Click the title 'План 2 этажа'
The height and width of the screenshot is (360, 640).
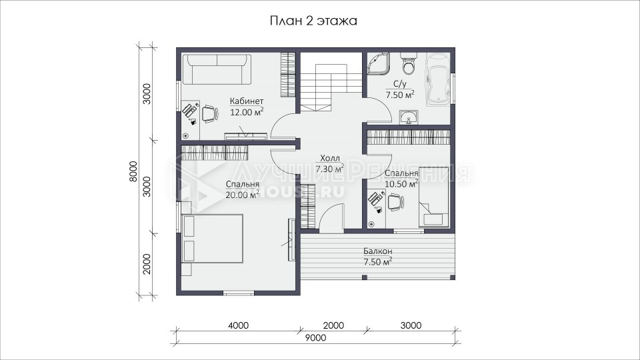coord(313,21)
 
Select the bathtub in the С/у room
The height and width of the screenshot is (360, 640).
coord(438,79)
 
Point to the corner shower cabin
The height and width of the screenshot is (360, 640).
coord(379,63)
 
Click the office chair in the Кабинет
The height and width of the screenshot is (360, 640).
coord(209,113)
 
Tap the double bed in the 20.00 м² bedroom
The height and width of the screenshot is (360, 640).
coord(213,238)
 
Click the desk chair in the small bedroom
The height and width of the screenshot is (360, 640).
coord(395,202)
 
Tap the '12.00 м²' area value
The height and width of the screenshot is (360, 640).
coord(247,112)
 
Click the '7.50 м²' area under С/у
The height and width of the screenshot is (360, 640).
coord(400,95)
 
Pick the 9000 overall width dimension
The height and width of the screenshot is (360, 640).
coord(315,338)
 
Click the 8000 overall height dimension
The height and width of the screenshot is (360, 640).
coord(134,171)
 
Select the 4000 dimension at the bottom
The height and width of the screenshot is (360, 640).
coord(239,325)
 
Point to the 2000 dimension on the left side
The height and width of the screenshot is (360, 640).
coord(147,264)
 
